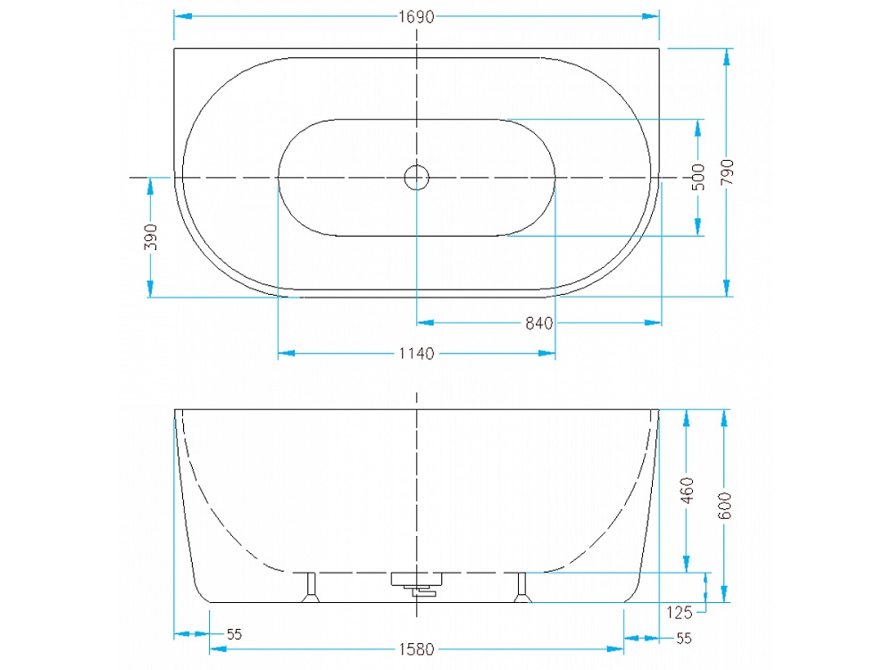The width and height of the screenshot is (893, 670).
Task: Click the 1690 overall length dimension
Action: pyautogui.click(x=416, y=17)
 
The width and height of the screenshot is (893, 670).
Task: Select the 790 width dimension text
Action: pyautogui.click(x=727, y=172)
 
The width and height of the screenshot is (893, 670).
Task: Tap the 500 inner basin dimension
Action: pyautogui.click(x=698, y=177)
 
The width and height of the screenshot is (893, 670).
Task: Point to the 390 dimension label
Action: pyautogui.click(x=150, y=237)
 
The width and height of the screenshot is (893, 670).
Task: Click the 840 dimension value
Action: pyautogui.click(x=538, y=323)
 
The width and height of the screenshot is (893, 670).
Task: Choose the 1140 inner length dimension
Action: pyautogui.click(x=416, y=354)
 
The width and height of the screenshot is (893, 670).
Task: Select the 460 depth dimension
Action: pyautogui.click(x=688, y=490)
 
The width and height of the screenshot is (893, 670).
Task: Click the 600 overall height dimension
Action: pyautogui.click(x=724, y=506)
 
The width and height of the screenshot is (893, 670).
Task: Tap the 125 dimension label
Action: pyautogui.click(x=679, y=613)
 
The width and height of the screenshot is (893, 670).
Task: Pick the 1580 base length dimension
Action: pyautogui.click(x=416, y=649)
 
